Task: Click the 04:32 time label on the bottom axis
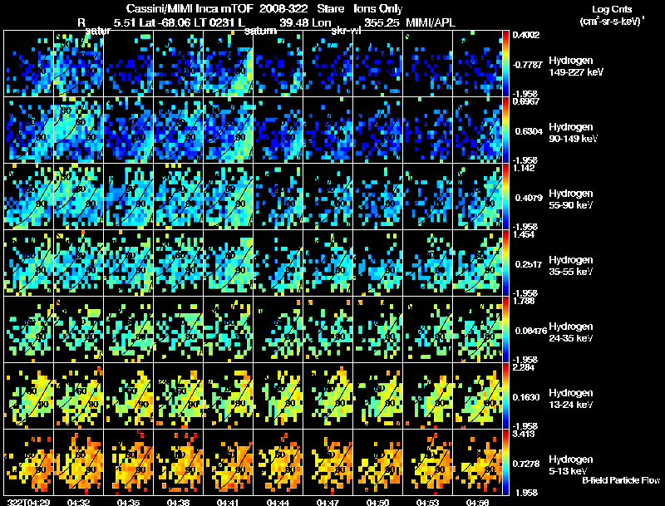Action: click(79, 502)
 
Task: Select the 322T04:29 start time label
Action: click(27, 502)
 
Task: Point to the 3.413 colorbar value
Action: click(525, 434)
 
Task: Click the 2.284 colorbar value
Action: click(525, 367)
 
